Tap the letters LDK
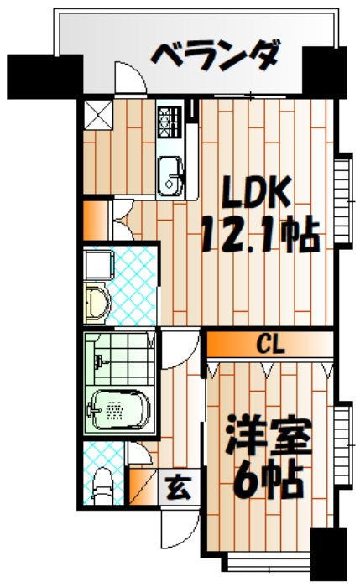point(256,195)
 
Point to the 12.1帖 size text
point(260,236)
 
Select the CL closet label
point(270,344)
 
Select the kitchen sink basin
point(172,175)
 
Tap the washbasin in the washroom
point(99,301)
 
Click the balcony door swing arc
point(130,80)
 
